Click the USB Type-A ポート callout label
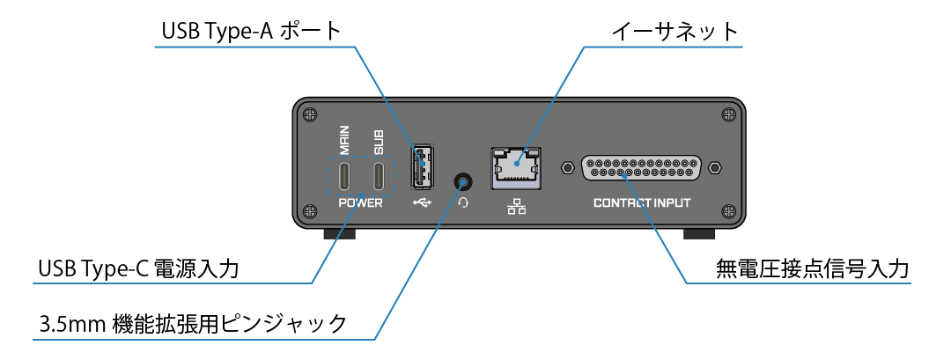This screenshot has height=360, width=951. [251, 32]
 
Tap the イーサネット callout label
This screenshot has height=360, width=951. [675, 32]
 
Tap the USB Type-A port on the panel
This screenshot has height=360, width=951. [422, 165]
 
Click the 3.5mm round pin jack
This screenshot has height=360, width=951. [463, 181]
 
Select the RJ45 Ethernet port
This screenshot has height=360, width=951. [516, 166]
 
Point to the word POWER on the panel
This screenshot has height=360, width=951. [362, 202]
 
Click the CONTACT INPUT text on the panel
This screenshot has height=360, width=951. [641, 202]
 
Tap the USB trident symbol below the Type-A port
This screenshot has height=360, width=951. [422, 202]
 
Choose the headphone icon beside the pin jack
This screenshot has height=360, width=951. [463, 202]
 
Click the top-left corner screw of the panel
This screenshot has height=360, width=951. [308, 113]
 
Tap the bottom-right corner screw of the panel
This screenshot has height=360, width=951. [726, 210]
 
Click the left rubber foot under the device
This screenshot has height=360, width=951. [340, 234]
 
